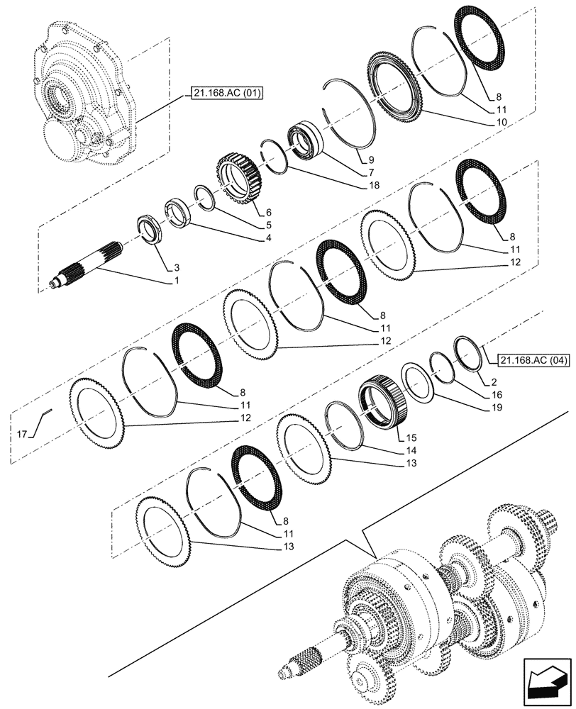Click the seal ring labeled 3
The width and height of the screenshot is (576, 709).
pyautogui.click(x=151, y=230)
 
